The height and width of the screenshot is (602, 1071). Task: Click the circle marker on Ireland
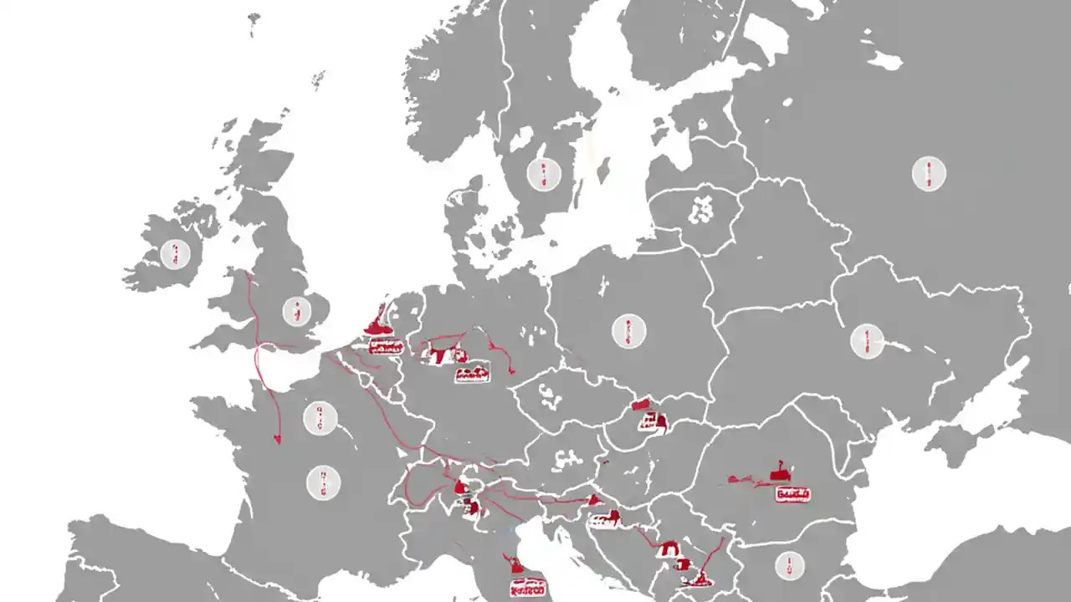[175, 253]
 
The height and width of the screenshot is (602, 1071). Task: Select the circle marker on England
[295, 311]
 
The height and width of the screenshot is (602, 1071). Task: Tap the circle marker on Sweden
[542, 174]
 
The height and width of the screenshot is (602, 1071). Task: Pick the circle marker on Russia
[928, 174]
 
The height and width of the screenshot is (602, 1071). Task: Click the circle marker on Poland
[628, 331]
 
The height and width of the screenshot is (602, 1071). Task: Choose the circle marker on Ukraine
[867, 340]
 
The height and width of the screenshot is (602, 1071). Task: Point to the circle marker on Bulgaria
[789, 566]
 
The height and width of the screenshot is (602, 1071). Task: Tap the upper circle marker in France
[320, 417]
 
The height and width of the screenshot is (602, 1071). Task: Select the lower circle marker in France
[323, 483]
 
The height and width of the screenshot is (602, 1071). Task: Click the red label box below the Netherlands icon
[385, 345]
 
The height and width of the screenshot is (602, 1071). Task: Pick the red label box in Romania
[792, 495]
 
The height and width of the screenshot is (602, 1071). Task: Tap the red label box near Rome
[525, 589]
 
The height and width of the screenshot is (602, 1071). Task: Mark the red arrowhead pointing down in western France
[277, 440]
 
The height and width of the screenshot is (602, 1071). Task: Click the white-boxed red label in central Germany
[472, 375]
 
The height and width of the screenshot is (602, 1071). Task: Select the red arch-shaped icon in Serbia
[669, 549]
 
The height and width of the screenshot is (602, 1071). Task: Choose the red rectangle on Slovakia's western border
[642, 406]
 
